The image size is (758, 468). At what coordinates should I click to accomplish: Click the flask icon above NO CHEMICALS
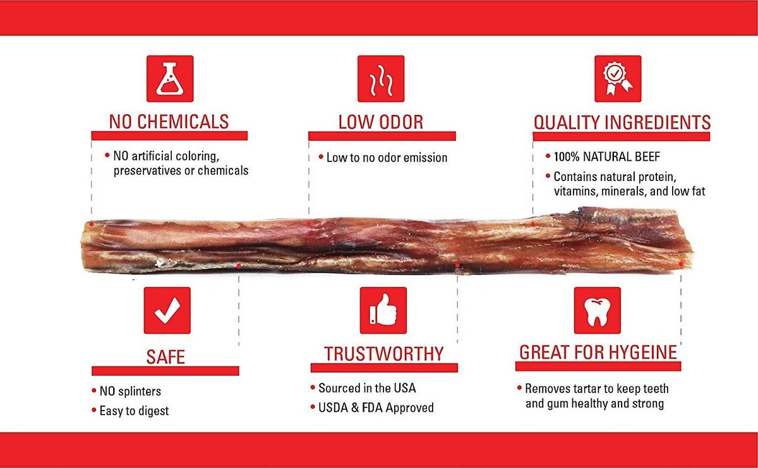[170, 79]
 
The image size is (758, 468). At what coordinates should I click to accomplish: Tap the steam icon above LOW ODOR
[381, 79]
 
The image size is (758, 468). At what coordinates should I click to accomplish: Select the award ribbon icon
[618, 79]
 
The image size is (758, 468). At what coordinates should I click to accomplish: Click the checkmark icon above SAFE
[167, 310]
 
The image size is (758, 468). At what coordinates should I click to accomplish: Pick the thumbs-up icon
[383, 310]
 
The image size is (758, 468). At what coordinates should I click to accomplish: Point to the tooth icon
[598, 310]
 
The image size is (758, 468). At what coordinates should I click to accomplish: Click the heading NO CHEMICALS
[169, 122]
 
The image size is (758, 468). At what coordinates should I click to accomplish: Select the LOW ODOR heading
[381, 122]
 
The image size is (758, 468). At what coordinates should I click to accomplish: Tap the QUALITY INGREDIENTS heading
[622, 122]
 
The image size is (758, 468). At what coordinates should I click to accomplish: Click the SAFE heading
[165, 357]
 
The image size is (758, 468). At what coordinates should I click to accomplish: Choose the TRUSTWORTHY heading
[384, 354]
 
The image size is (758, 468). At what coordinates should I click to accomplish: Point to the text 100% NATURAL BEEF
[607, 157]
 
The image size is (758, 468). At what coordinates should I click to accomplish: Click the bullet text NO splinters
[130, 391]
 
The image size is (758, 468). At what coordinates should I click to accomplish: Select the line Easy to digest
[134, 411]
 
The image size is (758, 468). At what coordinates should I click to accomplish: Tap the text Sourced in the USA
[367, 389]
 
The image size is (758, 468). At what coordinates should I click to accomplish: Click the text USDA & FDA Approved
[376, 408]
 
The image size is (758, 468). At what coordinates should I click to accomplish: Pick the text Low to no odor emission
[387, 158]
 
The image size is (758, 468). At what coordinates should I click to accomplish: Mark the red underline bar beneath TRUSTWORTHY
[384, 368]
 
